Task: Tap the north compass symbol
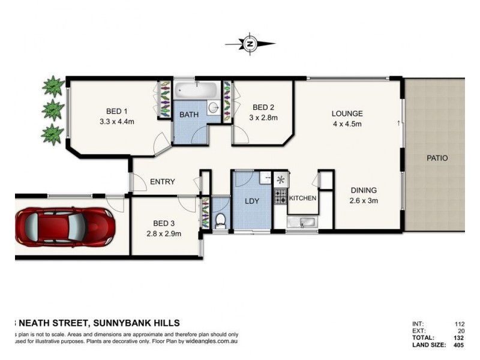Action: pyautogui.click(x=250, y=43)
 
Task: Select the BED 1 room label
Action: pyautogui.click(x=117, y=111)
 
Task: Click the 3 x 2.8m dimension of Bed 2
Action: pyautogui.click(x=263, y=118)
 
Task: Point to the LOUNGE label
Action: pyautogui.click(x=347, y=113)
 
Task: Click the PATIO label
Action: pyautogui.click(x=437, y=158)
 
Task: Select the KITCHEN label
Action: pyautogui.click(x=302, y=198)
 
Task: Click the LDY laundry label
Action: pyautogui.click(x=252, y=201)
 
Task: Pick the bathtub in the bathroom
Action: pyautogui.click(x=196, y=91)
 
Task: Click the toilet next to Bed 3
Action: pyautogui.click(x=220, y=221)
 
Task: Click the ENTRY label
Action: pyautogui.click(x=163, y=182)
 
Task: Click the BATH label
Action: pyautogui.click(x=189, y=114)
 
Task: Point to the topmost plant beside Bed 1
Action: pyautogui.click(x=53, y=86)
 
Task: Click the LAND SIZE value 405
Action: pyautogui.click(x=459, y=345)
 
